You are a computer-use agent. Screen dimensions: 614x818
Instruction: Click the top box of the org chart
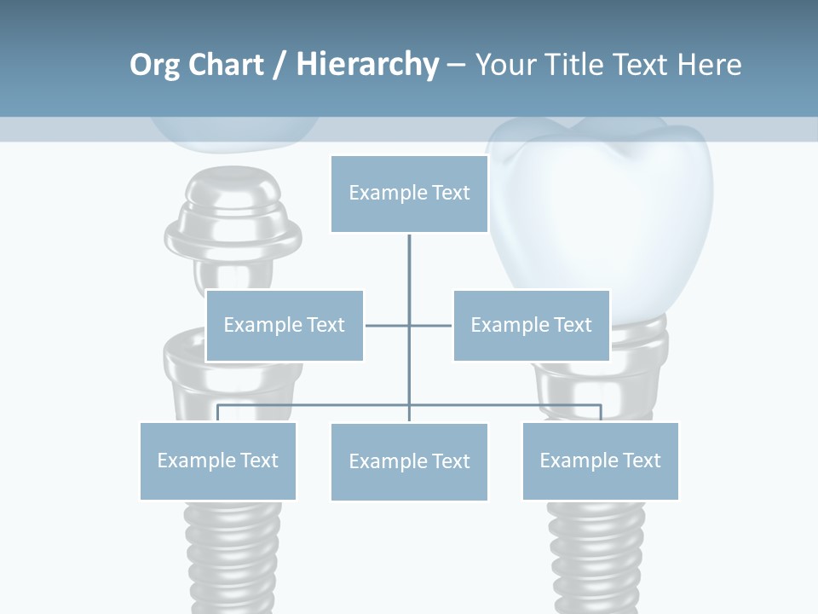coord(409,194)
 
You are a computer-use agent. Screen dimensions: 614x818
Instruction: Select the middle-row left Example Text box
coord(285,325)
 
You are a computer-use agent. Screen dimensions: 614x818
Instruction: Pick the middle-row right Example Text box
coord(531,325)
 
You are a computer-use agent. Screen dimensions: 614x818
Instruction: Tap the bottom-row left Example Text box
coord(217,460)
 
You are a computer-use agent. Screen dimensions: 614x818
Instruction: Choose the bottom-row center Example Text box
coord(409,461)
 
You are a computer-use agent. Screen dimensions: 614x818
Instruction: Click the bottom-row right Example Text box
coord(600,460)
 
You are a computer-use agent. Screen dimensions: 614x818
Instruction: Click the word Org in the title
coord(154,65)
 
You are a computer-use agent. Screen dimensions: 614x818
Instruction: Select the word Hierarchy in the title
coord(367,65)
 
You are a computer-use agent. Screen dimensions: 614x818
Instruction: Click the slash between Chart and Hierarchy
coord(279,66)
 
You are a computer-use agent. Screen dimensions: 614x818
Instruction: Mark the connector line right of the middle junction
coord(431,325)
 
